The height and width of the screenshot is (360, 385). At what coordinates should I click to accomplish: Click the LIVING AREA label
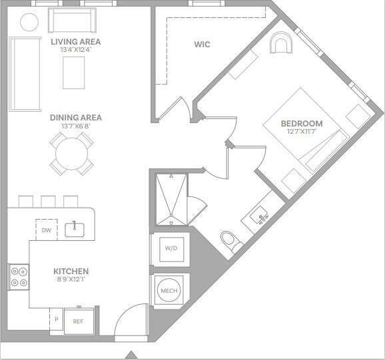[76, 41]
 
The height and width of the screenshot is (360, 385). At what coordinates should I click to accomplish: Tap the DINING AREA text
[76, 118]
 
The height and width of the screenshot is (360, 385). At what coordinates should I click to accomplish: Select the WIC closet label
[202, 45]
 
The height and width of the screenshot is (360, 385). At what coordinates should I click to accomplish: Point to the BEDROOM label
[301, 123]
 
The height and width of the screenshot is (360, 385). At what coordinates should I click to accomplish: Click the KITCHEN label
[71, 271]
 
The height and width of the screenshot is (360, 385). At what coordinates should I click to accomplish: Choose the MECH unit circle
[169, 291]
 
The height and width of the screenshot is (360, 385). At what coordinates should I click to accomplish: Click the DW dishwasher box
[46, 230]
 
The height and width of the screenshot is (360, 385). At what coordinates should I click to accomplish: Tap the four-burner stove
[19, 277]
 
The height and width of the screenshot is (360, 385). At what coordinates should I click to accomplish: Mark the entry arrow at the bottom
[131, 354]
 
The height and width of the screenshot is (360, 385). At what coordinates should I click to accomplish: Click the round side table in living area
[29, 21]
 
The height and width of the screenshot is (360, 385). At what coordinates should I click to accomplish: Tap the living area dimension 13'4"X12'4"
[75, 50]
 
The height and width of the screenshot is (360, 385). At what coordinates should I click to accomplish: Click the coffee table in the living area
[74, 72]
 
